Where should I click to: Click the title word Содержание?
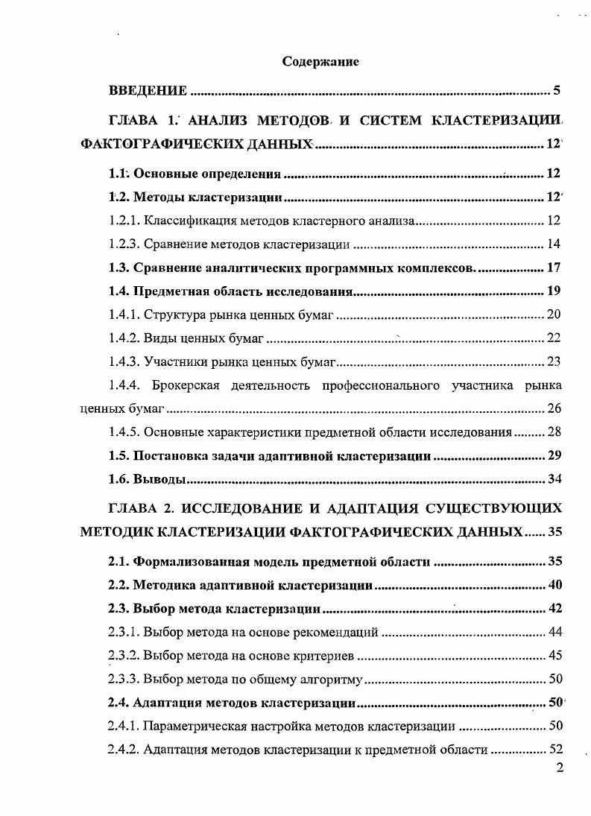coord(320,62)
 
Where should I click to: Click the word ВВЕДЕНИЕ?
coord(148,92)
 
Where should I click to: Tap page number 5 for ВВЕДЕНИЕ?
coord(556,92)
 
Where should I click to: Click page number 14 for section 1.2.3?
coord(554,244)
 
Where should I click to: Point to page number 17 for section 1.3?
coord(554,268)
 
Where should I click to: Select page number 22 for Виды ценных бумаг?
coord(554,338)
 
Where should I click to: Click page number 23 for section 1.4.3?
coord(554,362)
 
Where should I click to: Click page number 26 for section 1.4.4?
coord(554,408)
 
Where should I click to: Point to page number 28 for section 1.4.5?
coord(554,432)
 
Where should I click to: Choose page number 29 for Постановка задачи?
coord(554,455)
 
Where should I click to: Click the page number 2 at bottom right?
coord(560,769)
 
